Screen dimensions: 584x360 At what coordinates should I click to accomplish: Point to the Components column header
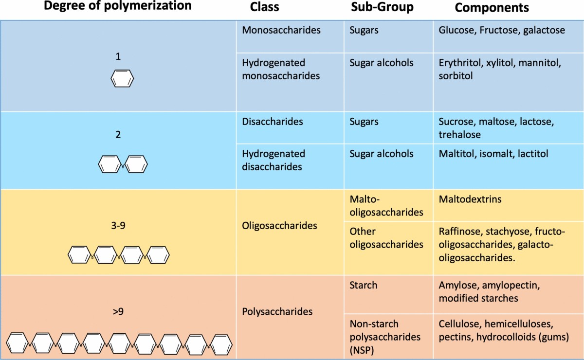[492, 8]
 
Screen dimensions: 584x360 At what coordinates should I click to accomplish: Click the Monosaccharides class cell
[281, 30]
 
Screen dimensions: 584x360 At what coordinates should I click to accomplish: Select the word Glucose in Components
[456, 30]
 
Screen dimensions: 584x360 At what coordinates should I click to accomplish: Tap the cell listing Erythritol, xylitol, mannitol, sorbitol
[500, 69]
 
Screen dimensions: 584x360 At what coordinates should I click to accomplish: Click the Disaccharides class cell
[272, 121]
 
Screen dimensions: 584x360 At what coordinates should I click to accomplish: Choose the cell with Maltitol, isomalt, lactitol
[493, 154]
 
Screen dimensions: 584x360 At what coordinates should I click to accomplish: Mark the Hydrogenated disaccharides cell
[274, 160]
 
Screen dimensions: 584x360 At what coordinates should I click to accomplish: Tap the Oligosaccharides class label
[279, 226]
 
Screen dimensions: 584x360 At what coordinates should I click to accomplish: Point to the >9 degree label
[118, 309]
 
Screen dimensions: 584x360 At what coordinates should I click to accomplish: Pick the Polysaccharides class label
[277, 311]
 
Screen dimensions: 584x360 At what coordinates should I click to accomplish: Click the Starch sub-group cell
[363, 285]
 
